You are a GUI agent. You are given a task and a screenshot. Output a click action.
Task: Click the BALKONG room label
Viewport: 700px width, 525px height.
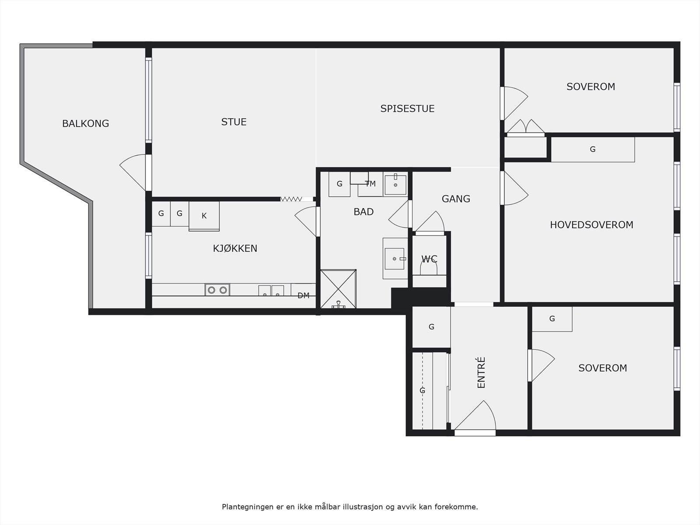85,123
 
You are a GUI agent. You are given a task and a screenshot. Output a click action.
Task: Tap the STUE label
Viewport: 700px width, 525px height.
234,122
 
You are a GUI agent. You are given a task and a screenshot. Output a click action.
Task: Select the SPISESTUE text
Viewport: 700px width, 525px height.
407,108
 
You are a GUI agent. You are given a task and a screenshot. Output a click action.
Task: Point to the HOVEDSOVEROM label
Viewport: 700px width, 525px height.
591,225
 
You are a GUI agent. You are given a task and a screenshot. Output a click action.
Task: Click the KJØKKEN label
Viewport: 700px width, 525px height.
235,248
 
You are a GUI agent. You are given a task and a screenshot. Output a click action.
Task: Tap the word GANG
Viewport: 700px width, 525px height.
456,199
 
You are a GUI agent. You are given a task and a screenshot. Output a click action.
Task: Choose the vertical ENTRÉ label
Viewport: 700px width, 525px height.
481,372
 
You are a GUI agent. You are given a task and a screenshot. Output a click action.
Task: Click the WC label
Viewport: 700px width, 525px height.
429,259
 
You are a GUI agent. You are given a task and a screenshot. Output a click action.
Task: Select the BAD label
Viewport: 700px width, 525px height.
364,212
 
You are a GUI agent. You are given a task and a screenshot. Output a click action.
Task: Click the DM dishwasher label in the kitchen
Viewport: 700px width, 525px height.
303,295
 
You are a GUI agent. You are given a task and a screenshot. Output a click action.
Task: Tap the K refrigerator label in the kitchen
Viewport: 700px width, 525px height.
204,216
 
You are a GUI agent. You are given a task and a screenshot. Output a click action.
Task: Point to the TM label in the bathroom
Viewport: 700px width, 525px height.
370,184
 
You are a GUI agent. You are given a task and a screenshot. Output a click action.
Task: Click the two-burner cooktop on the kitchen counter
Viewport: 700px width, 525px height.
217,290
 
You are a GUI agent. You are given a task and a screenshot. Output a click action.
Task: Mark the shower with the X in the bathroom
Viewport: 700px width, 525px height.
338,289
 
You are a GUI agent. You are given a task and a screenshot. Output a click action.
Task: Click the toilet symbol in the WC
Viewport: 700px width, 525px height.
429,268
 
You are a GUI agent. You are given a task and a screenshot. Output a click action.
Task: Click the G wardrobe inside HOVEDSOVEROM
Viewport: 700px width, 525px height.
593,149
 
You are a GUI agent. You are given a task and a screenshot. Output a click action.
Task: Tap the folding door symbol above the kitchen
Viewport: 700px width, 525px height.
291,199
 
